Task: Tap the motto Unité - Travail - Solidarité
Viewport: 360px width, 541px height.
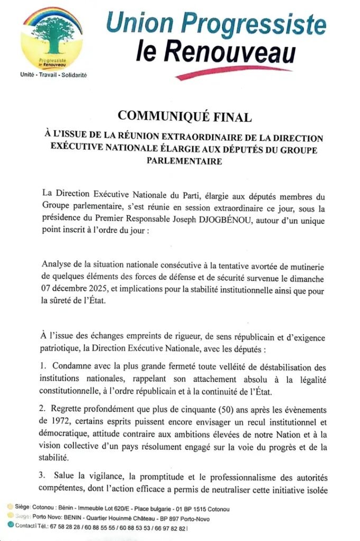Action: [53, 75]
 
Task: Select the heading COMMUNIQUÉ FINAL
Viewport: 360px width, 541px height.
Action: [184, 116]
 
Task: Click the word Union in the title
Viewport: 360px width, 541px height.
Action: [139, 24]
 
